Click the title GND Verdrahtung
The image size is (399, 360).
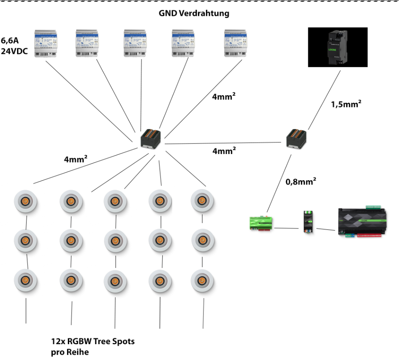(194, 13)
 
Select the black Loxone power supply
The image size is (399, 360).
(337, 47)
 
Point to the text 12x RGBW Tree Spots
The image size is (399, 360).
(93, 342)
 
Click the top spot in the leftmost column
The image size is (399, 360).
(26, 201)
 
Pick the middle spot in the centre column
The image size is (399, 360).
(115, 241)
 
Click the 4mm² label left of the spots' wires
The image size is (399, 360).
(75, 159)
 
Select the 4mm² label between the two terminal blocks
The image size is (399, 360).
(225, 151)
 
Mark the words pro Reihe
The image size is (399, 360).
(70, 352)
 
